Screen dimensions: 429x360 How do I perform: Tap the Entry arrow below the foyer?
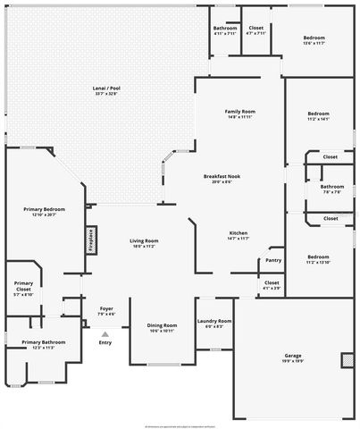pyautogui.click(x=105, y=335)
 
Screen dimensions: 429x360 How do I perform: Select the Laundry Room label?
pyautogui.click(x=214, y=323)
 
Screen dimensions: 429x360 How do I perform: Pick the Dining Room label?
pyautogui.click(x=162, y=327)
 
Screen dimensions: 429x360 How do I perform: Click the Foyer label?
pyautogui.click(x=105, y=310)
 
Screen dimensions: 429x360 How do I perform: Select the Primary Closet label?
pyautogui.click(x=23, y=288)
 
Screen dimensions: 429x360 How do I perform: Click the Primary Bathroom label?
pyautogui.click(x=44, y=344)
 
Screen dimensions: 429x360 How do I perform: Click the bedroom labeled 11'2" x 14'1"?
pyautogui.click(x=318, y=116)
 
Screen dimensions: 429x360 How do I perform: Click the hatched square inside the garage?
pyautogui.click(x=346, y=360)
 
